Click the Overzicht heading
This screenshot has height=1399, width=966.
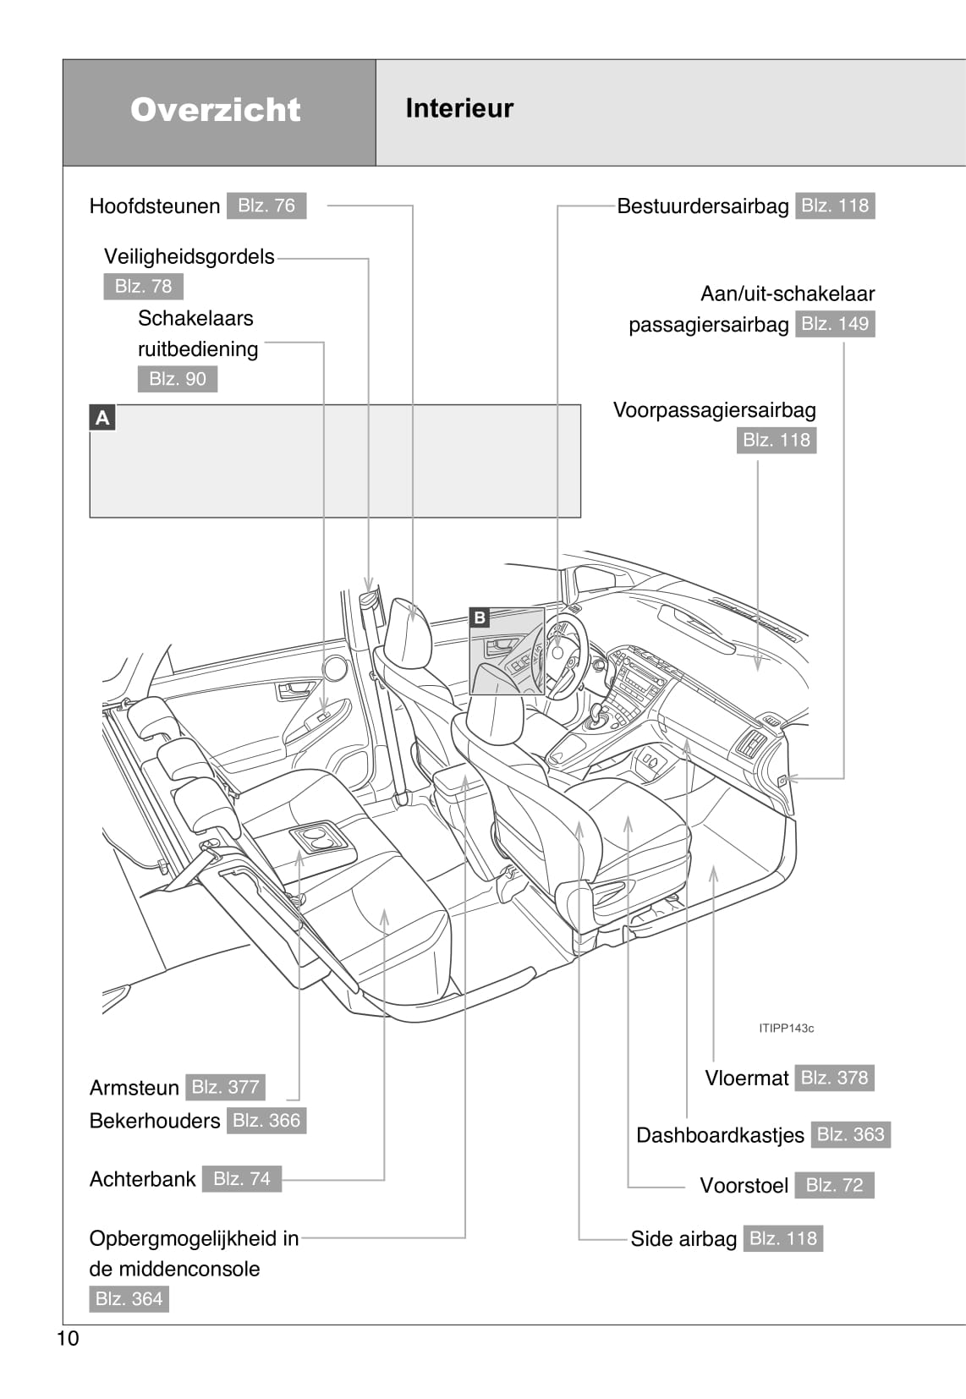216,110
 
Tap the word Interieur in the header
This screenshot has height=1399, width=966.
459,108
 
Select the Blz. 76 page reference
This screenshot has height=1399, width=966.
266,206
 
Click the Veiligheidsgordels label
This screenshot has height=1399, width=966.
189,256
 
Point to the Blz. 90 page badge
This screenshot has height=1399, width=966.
178,379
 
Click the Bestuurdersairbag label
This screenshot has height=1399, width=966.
702,206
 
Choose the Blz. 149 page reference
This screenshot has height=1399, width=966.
835,324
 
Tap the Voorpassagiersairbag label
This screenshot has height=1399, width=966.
715,410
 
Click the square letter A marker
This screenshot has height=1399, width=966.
102,417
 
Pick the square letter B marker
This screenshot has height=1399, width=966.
480,617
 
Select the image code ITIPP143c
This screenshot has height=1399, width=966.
786,1029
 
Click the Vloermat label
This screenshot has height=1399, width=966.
747,1078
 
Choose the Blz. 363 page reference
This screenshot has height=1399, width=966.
850,1134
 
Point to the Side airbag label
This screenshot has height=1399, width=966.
683,1239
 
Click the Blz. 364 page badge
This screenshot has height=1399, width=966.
129,1298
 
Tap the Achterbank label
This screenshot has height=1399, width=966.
143,1179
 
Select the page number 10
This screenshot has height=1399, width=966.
68,1338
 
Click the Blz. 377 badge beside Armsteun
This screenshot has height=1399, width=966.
225,1087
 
